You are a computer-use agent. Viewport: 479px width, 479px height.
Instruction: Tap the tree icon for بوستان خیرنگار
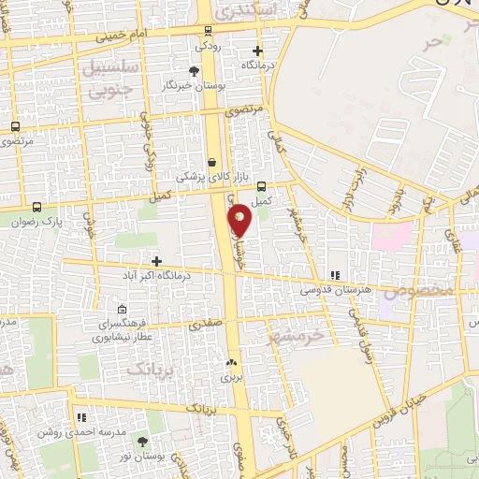point(194,70)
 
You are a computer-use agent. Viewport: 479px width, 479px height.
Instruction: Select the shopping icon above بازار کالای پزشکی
point(212,161)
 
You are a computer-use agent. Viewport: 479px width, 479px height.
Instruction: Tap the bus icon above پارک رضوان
point(36,207)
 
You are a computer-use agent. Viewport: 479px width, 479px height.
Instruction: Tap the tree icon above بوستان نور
point(142,441)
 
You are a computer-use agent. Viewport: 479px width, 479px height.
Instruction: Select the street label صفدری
point(206,325)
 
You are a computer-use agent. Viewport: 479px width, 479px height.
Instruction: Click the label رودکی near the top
point(207,44)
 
